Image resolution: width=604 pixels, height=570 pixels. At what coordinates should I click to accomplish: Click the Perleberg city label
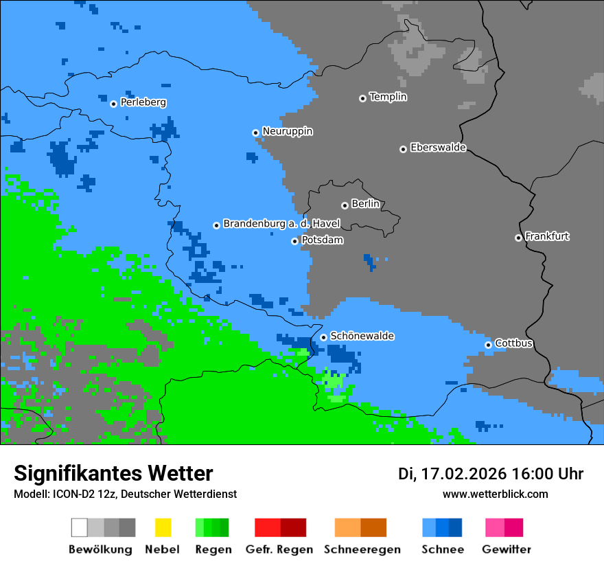click(x=143, y=102)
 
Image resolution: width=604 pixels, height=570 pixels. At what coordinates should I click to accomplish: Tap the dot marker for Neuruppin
click(x=255, y=133)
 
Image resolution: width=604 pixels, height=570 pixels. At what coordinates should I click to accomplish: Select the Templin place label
click(x=388, y=97)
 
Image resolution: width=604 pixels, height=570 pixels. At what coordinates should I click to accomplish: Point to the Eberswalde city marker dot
click(x=403, y=149)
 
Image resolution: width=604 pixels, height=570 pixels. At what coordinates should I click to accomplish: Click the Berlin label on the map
click(x=365, y=204)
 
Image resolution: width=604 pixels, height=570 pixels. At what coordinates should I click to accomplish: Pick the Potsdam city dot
click(x=294, y=241)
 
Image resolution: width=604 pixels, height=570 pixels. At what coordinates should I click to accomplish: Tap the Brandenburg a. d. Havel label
click(x=281, y=224)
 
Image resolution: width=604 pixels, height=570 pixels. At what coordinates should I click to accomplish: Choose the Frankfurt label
click(x=547, y=236)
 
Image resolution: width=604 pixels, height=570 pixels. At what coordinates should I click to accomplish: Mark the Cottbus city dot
click(x=488, y=345)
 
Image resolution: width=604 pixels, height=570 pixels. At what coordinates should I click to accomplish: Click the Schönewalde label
click(x=362, y=336)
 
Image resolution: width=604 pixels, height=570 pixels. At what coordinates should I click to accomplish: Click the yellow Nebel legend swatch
click(x=163, y=527)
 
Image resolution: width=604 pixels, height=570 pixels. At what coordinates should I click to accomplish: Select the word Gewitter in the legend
click(x=506, y=549)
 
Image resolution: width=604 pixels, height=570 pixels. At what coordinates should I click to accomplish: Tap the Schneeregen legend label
click(x=362, y=549)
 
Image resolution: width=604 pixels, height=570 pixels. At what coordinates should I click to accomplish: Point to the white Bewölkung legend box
click(x=80, y=527)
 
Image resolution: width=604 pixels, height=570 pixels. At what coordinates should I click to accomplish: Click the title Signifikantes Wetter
click(x=113, y=474)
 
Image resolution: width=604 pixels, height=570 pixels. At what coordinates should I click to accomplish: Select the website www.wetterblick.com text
click(x=495, y=494)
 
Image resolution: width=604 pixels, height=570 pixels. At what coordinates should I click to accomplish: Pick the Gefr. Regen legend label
click(x=279, y=549)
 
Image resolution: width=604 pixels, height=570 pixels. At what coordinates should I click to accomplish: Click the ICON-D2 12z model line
click(x=125, y=494)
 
